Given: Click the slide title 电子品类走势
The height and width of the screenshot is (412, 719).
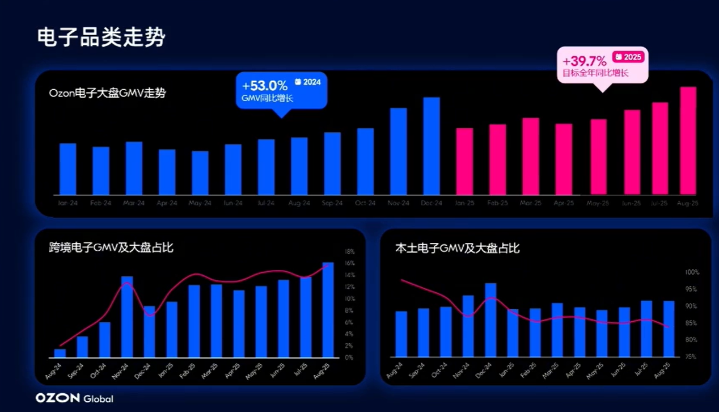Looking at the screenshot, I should coord(101,37).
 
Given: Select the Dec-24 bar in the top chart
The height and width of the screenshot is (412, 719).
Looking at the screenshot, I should coord(432,146).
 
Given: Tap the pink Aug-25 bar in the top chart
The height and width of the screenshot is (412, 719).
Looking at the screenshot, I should coord(688,141).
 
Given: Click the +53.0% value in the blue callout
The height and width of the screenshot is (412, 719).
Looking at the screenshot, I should coord(265,86).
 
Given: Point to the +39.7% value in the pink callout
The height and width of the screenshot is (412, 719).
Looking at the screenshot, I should coord(585,61).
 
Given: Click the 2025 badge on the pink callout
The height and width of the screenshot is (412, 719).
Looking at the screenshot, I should coord(628,57).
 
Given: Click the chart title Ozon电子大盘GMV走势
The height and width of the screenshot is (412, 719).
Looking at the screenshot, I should coord(108,94).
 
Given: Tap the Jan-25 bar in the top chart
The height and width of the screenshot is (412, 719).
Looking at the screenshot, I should coord(464,161).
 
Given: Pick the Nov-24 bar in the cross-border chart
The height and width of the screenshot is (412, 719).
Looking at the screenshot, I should coord(128,317).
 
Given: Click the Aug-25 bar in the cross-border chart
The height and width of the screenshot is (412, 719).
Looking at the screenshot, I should coord(328,310).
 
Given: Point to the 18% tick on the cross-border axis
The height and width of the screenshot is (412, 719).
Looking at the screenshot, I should coord(350,251).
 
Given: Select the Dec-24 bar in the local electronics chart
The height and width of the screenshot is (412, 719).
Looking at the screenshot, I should coord(490,320).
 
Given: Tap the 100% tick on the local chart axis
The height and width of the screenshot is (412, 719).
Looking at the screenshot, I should coord(692,272).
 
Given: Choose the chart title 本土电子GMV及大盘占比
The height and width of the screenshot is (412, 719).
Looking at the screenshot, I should coord(457,248).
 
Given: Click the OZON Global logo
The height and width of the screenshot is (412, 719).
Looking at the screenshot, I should coord(74,398).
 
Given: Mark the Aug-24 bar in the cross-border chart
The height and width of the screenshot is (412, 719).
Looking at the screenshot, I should coord(60,353).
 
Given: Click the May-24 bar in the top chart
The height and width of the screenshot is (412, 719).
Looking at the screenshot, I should coord(200,173).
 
